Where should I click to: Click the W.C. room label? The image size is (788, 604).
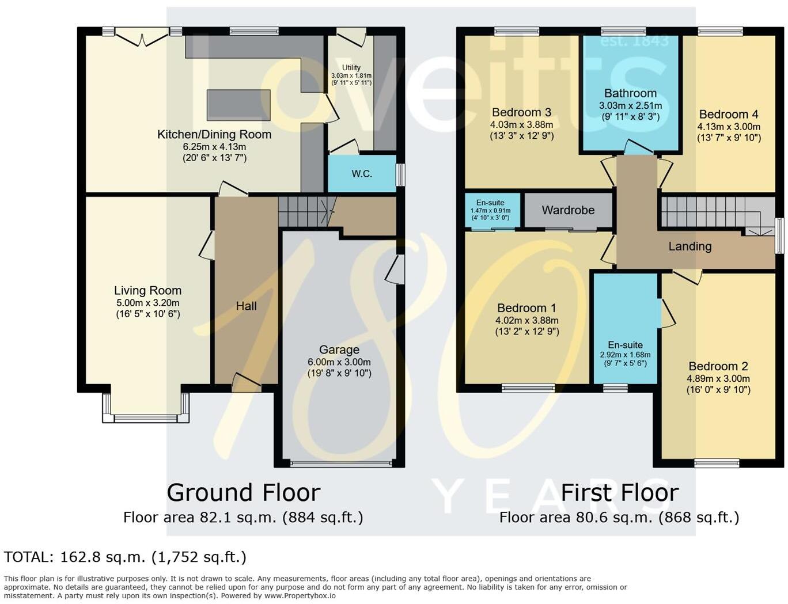coord(362,174)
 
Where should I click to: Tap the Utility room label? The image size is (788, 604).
coord(351,68)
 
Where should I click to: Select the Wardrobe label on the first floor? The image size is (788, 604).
coord(568,210)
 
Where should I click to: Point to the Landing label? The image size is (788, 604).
coord(690,246)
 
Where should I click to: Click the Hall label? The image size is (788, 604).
coord(246,306)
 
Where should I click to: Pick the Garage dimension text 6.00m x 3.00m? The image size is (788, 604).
coord(339,362)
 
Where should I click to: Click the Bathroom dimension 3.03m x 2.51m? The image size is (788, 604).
coord(630,106)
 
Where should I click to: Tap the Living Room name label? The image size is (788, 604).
coord(147,290)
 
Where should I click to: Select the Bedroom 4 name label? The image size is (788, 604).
coord(729,114)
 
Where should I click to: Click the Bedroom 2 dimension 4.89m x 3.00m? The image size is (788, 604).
coord(718,379)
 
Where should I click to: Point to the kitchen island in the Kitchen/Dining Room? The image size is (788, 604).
coord(238,105)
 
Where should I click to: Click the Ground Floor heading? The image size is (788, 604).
coord(243,493)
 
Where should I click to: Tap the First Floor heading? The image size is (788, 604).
coord(619,493)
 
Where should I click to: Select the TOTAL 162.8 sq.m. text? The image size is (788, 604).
coord(125,557)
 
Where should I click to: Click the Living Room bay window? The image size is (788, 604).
coord(145,408)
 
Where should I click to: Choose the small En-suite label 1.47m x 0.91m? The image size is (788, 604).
coord(490,211)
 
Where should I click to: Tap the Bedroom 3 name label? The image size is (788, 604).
coord(521,112)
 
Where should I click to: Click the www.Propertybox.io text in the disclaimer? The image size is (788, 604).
coord(300,596)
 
